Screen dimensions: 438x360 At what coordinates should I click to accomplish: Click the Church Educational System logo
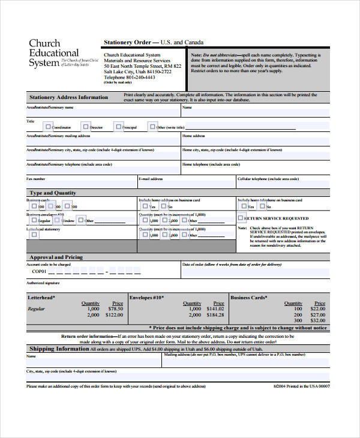coord(54,53)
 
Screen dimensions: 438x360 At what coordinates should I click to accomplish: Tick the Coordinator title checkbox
coord(48,127)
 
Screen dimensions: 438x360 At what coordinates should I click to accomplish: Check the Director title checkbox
coord(86,127)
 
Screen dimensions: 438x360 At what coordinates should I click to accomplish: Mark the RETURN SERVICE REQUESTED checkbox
coord(241,218)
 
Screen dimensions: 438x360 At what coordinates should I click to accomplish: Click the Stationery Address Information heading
coord(68,97)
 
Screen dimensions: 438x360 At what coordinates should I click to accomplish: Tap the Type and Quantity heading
coord(53,193)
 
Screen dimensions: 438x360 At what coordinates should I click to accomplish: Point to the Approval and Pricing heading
coord(56,257)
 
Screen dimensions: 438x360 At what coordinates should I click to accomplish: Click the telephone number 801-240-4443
coord(139,77)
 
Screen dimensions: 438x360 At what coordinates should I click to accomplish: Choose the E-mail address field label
coord(151,179)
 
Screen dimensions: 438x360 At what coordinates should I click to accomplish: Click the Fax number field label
coord(36,179)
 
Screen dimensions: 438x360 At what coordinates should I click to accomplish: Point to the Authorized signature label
coord(43,282)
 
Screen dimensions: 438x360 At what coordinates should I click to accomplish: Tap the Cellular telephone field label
coord(268,179)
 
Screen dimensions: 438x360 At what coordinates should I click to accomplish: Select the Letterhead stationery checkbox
coord(34,235)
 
